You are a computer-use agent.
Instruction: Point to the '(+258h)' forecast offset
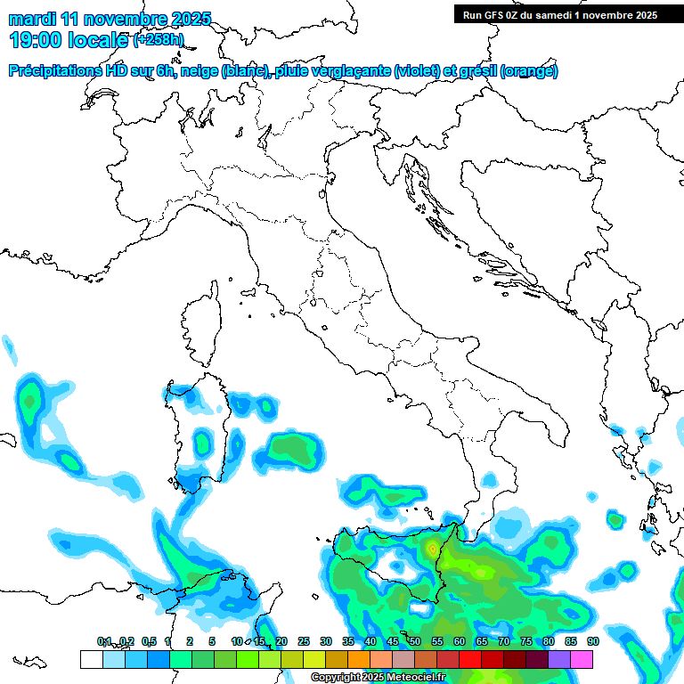[159, 40]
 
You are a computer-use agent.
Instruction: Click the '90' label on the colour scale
[592, 641]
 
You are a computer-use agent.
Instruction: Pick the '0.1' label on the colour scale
[104, 641]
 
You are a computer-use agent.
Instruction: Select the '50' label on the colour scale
[414, 641]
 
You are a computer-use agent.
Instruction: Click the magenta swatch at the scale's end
[582, 659]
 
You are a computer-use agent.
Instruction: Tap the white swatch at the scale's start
[91, 659]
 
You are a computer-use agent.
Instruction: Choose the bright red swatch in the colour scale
[469, 659]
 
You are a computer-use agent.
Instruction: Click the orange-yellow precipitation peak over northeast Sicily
[433, 550]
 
